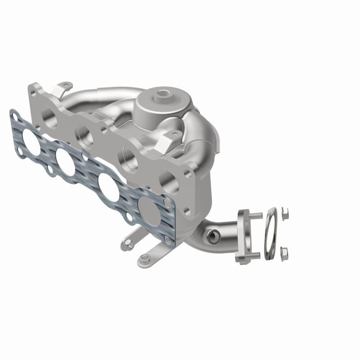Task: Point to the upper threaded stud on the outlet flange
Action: (256, 216)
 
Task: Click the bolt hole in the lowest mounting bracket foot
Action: (144, 258)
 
